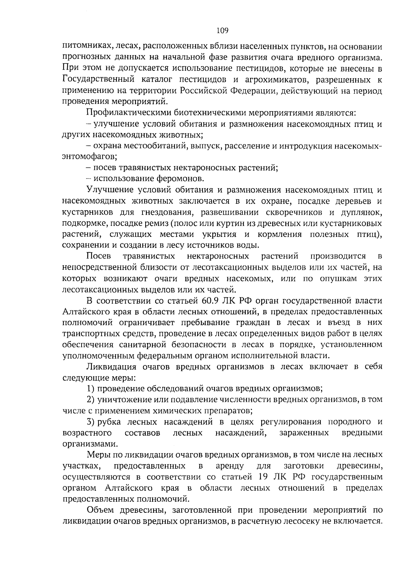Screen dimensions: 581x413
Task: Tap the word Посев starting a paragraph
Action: [x=98, y=256]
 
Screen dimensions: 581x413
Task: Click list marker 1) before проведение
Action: [x=91, y=388]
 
